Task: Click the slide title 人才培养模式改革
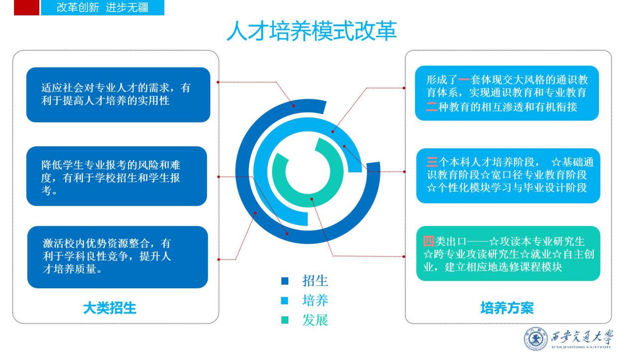(x=311, y=31)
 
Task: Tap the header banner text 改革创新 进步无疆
(x=102, y=8)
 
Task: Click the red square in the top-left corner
(x=26, y=8)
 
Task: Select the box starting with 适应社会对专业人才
(x=118, y=95)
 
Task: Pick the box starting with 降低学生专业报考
(x=117, y=176)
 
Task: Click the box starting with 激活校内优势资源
(x=118, y=257)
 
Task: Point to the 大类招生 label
(x=110, y=308)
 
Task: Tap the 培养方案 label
(x=506, y=308)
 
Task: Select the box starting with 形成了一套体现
(x=507, y=93)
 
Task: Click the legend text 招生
(x=315, y=281)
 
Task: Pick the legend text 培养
(x=315, y=300)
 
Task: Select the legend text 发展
(x=315, y=320)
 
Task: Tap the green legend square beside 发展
(x=285, y=320)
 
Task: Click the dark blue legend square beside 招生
(x=285, y=281)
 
